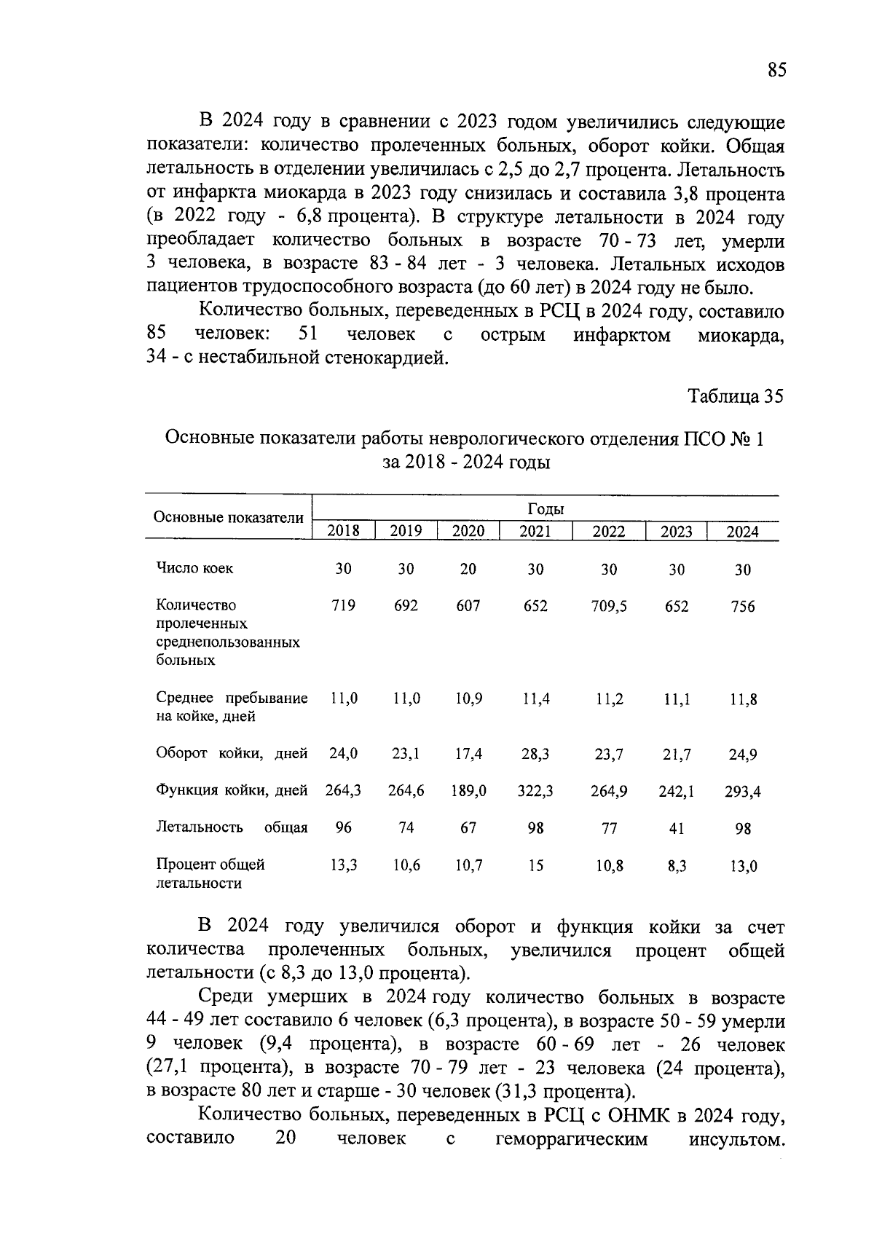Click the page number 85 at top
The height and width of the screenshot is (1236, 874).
tap(776, 70)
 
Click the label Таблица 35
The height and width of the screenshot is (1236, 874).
tap(736, 396)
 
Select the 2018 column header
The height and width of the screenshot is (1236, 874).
tap(343, 531)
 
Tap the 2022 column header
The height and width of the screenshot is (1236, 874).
tap(609, 531)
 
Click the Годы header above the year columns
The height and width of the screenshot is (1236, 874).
tap(546, 509)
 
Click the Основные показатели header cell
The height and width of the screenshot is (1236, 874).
tap(228, 518)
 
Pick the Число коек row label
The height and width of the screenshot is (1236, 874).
tap(194, 569)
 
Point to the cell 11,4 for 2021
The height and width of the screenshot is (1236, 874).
tap(536, 699)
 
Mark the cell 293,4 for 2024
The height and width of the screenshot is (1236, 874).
tap(742, 792)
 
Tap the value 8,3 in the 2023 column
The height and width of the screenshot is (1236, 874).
tap(677, 866)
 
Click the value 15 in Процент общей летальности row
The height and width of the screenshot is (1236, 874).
tap(536, 866)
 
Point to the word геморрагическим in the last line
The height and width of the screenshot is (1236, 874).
tap(571, 1138)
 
